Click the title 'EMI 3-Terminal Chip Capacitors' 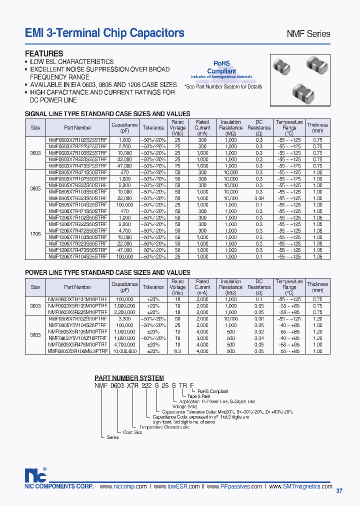pyautogui.click(x=104, y=33)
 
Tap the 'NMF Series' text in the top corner pyautogui.click(x=308, y=34)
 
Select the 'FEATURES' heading pyautogui.click(x=44, y=53)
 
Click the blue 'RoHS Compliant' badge pyautogui.click(x=221, y=67)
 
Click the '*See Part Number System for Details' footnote pyautogui.click(x=223, y=87)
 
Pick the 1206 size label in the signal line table pyautogui.click(x=35, y=233)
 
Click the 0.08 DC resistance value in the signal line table pyautogui.click(x=259, y=198)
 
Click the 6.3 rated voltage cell pyautogui.click(x=177, y=351)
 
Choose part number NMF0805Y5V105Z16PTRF pyautogui.click(x=77, y=338)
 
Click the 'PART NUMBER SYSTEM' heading pyautogui.click(x=129, y=378)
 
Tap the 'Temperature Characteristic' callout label pyautogui.click(x=164, y=427)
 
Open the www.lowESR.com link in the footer pyautogui.click(x=176, y=486)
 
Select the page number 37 pyautogui.click(x=339, y=491)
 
